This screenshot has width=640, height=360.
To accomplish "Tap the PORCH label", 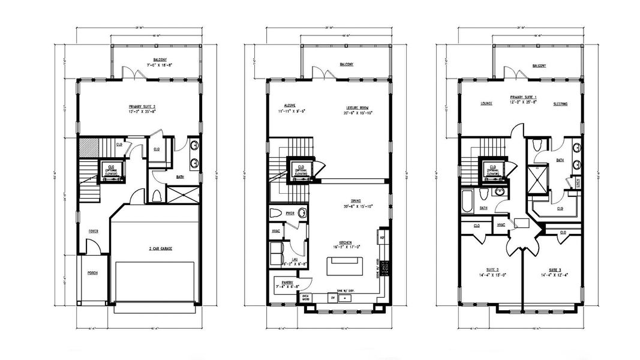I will click(x=92, y=272).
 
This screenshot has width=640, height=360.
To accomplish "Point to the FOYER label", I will click(x=94, y=230).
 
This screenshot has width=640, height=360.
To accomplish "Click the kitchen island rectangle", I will click(x=345, y=264).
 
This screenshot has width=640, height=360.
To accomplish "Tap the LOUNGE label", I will click(x=486, y=103).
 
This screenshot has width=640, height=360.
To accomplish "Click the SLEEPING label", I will click(x=560, y=103).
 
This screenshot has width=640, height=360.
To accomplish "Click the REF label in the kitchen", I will click(x=382, y=238).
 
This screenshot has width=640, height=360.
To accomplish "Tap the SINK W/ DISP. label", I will click(x=347, y=289).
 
